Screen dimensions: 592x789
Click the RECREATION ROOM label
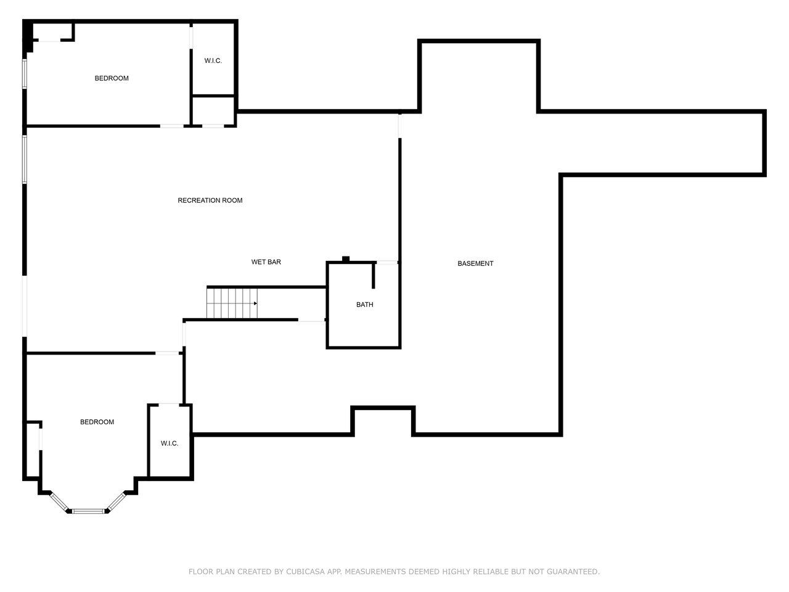210,200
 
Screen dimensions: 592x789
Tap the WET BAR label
266,262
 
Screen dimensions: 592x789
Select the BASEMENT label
475,263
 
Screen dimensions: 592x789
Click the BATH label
364,305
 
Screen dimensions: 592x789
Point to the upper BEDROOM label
112,78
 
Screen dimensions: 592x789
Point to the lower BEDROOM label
97,422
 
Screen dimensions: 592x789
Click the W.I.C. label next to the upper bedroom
213,60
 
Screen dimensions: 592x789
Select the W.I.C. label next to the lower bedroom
170,443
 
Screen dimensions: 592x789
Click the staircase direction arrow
254,303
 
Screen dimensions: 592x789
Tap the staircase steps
228,303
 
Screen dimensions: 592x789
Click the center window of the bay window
89,511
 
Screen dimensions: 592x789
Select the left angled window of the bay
59,502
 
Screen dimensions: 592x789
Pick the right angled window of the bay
117,501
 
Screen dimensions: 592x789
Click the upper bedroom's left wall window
25,73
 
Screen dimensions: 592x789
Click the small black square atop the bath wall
346,259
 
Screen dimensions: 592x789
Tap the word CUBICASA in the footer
306,572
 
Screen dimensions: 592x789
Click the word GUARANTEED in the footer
574,572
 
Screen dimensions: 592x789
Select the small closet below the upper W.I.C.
213,111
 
